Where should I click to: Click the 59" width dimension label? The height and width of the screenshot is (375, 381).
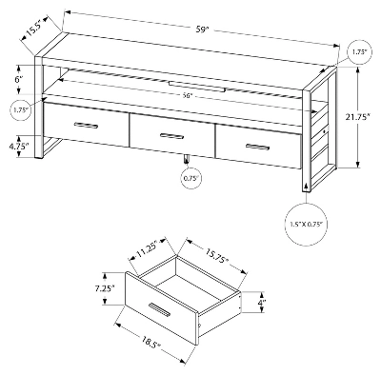(x=201, y=30)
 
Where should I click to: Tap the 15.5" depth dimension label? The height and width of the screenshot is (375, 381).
(x=33, y=27)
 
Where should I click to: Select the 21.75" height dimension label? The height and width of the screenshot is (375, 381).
(x=358, y=117)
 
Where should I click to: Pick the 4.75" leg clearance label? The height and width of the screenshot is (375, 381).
(x=19, y=146)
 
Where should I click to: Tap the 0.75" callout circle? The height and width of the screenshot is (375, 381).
(x=190, y=178)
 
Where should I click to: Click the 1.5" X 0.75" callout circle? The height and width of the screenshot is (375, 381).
(x=306, y=225)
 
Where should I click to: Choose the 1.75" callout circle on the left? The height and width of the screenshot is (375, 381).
(x=22, y=110)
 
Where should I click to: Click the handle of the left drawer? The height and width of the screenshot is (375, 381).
(x=86, y=126)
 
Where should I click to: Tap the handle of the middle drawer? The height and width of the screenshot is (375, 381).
(x=171, y=136)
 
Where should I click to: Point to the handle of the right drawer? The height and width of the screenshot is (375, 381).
(x=257, y=147)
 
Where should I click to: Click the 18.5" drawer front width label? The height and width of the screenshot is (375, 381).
(x=151, y=342)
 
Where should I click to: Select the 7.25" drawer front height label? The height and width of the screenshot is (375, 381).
(x=105, y=288)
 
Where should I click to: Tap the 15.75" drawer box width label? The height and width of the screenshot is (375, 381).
(x=217, y=256)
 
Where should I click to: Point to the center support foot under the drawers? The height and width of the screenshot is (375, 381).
(x=187, y=159)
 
